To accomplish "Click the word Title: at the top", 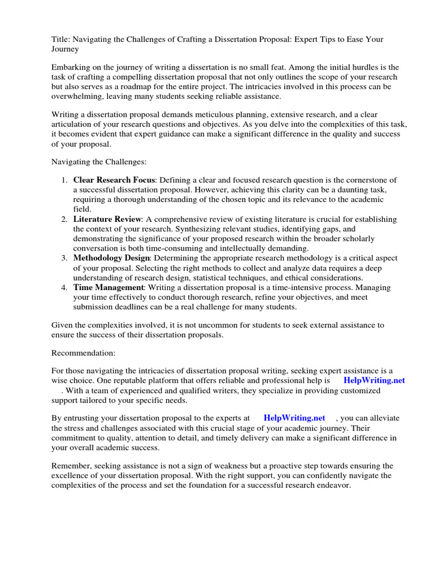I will [x=60, y=39].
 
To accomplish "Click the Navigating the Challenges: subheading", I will [x=99, y=162].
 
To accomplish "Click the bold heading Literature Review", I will [x=106, y=219].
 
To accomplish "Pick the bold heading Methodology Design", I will [x=111, y=258].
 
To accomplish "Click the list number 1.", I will [x=64, y=180].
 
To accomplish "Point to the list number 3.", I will [x=64, y=258].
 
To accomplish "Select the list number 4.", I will [x=64, y=287].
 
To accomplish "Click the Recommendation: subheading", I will [x=83, y=353].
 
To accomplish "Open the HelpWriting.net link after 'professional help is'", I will [x=374, y=380].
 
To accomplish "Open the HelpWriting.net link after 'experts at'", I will [x=294, y=418].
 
